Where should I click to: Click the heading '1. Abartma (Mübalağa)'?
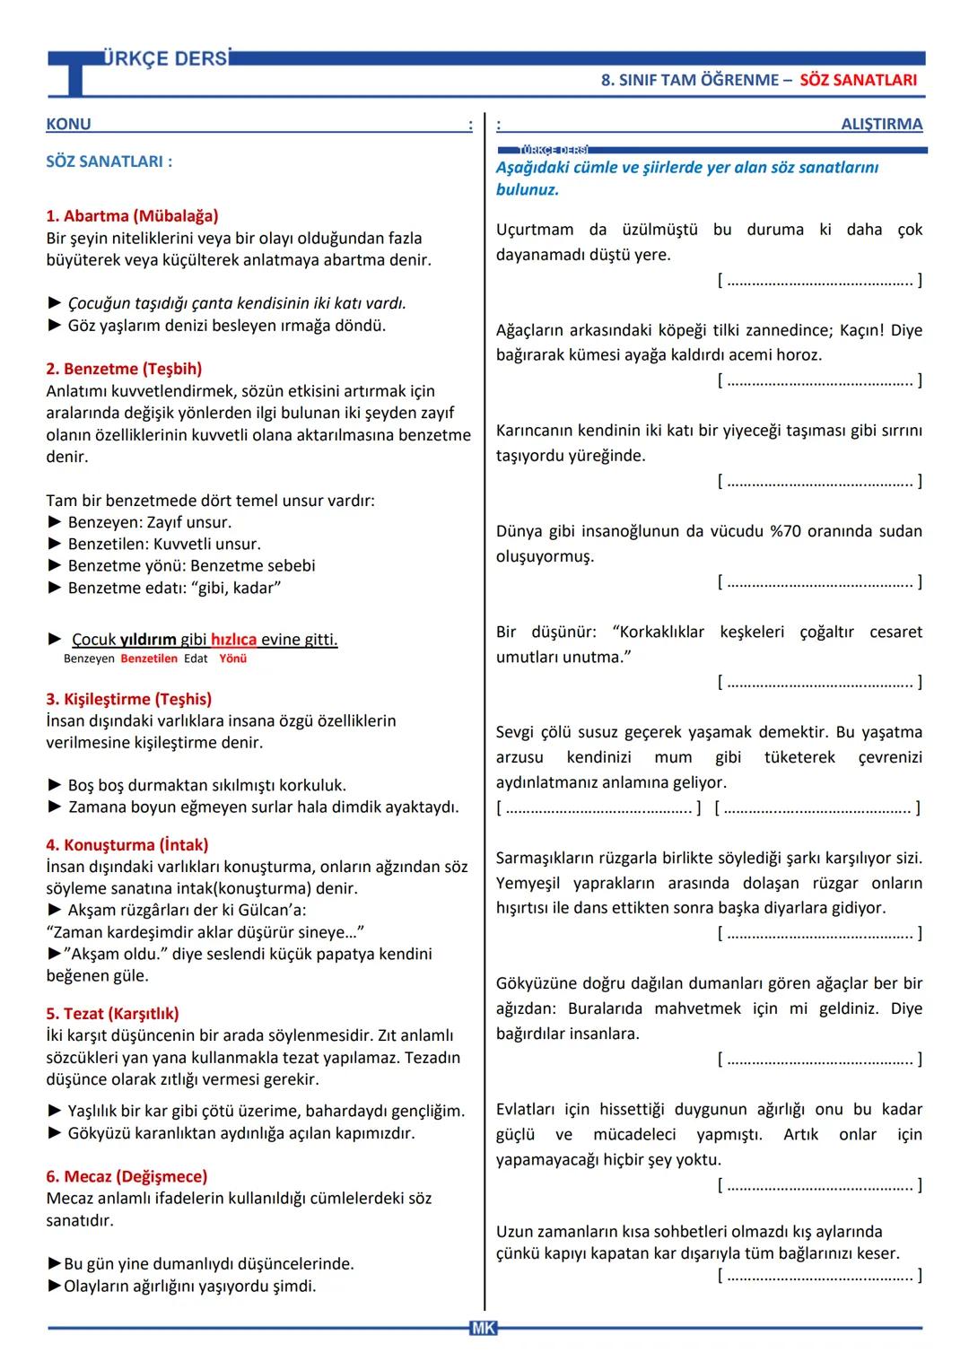pyautogui.click(x=132, y=215)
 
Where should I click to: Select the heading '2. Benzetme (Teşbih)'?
pyautogui.click(x=124, y=369)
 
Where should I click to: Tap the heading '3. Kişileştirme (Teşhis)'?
pyautogui.click(x=128, y=699)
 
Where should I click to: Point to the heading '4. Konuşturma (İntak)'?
pyautogui.click(x=127, y=845)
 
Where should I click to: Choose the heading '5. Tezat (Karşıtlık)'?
pyautogui.click(x=112, y=1014)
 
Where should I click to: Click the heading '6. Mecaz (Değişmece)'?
pyautogui.click(x=127, y=1176)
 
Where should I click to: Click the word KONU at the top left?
pyautogui.click(x=68, y=124)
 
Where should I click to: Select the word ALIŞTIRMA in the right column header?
pyautogui.click(x=881, y=124)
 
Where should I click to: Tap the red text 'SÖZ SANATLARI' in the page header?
pyautogui.click(x=858, y=80)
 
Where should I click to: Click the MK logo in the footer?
pyautogui.click(x=483, y=1328)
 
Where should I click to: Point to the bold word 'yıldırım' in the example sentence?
pyautogui.click(x=148, y=640)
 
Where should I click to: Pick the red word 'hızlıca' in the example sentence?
pyautogui.click(x=233, y=640)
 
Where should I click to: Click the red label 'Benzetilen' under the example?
pyautogui.click(x=149, y=659)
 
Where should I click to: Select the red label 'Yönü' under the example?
pyautogui.click(x=232, y=659)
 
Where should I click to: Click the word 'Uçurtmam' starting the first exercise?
pyautogui.click(x=535, y=230)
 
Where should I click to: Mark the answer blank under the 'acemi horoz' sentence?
pyautogui.click(x=820, y=380)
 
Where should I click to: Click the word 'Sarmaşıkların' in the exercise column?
pyautogui.click(x=547, y=858)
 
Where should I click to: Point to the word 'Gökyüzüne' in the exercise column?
pyautogui.click(x=537, y=983)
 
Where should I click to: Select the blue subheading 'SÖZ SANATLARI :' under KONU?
pyautogui.click(x=109, y=161)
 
